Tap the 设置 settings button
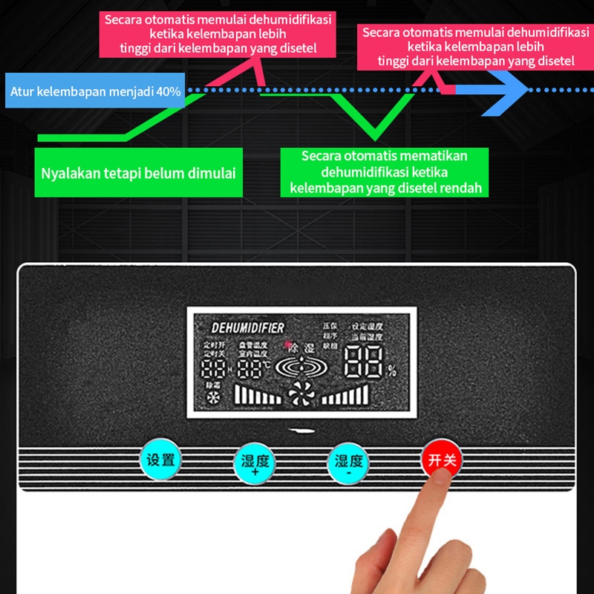pos(160,460)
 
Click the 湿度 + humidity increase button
pos(255,463)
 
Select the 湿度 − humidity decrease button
pos(349,461)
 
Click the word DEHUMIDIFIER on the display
pos(247,327)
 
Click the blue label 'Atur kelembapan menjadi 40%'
pos(95,92)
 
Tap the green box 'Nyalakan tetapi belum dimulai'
pos(139,174)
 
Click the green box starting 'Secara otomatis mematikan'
pos(385,172)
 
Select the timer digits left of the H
pos(214,370)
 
